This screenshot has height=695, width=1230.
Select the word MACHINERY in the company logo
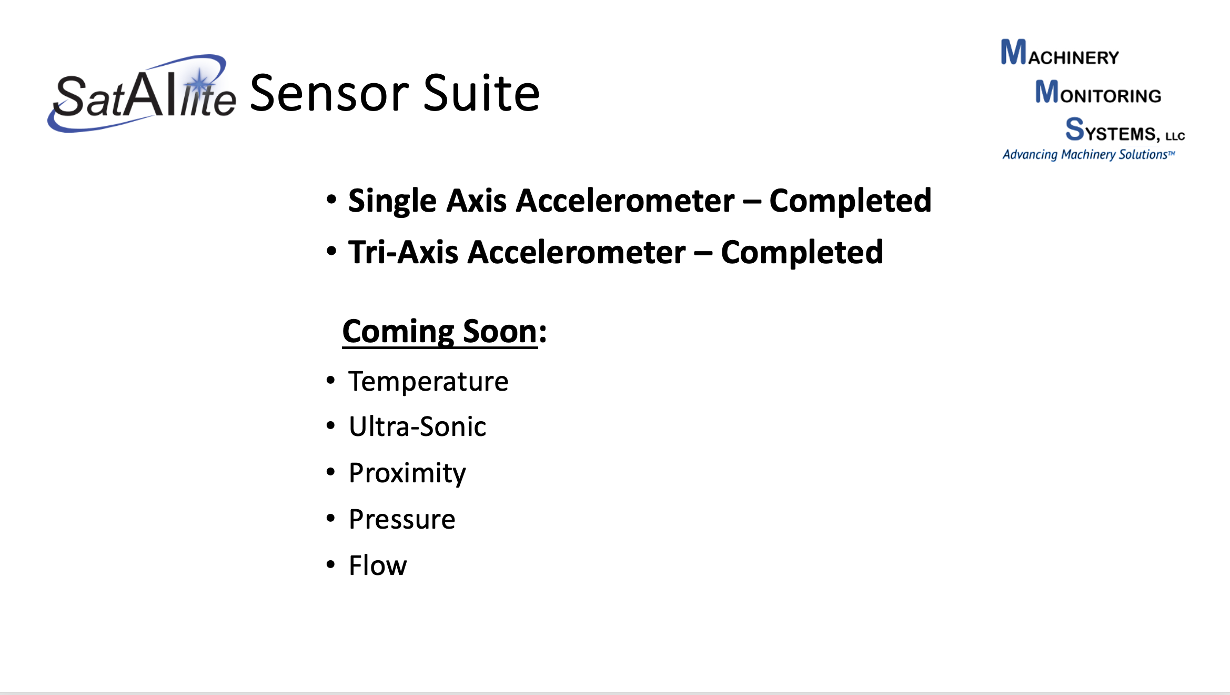[x=1060, y=53]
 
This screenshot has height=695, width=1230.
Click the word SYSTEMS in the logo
[x=1113, y=130]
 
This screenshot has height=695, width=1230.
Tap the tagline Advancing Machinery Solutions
[x=1088, y=154]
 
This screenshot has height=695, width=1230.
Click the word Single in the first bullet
[x=392, y=201]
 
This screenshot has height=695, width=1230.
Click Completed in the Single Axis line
[x=850, y=201]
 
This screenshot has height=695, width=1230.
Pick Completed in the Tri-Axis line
[x=802, y=252]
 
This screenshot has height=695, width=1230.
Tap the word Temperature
[x=428, y=382]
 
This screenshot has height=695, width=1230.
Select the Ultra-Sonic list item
[x=418, y=426]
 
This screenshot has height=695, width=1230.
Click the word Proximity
[x=407, y=473]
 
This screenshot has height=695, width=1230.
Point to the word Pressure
[x=402, y=519]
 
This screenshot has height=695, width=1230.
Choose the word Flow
[x=378, y=565]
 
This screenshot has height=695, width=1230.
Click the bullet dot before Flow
[x=330, y=564]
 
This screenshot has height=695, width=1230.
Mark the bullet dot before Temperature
[x=330, y=380]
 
